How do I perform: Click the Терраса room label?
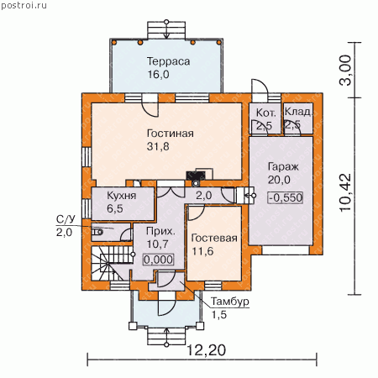(x=169, y=61)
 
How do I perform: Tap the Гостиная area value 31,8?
(x=158, y=147)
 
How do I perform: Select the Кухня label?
(x=122, y=196)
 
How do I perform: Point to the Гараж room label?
(x=283, y=167)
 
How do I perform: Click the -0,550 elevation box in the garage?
(x=286, y=197)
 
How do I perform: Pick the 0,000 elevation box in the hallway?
(x=159, y=260)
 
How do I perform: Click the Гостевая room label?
(x=214, y=238)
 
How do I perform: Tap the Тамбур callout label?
(x=230, y=302)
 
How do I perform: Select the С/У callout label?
(x=66, y=219)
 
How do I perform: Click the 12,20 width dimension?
(x=206, y=349)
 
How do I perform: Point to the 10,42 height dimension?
(x=345, y=192)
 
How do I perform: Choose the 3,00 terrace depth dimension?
(x=345, y=70)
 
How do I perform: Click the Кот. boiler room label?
(x=266, y=113)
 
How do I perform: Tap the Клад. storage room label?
(x=298, y=112)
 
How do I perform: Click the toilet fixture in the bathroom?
(x=97, y=232)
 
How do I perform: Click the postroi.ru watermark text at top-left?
(x=24, y=5)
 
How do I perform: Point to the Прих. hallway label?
(x=160, y=231)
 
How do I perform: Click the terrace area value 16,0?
(x=158, y=75)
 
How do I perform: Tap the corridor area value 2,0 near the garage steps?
(x=204, y=196)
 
